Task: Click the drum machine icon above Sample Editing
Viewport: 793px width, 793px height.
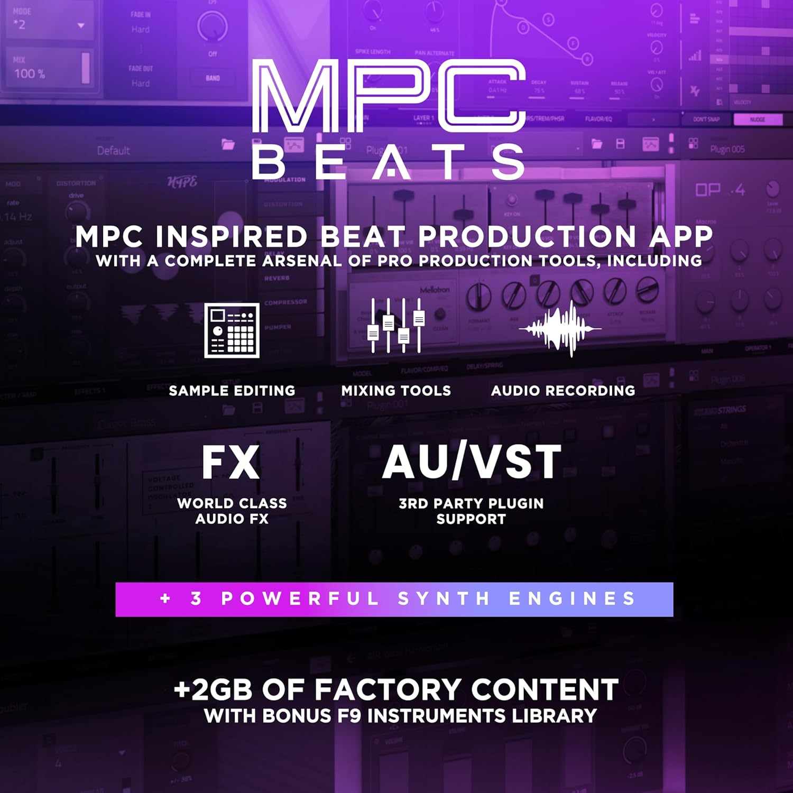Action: [232, 330]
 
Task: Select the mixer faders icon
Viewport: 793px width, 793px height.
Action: [396, 325]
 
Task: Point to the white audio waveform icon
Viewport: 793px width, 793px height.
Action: [560, 328]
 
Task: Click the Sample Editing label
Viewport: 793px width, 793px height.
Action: [232, 391]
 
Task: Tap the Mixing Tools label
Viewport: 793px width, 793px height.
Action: [396, 391]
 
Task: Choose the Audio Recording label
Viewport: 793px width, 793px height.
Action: [563, 391]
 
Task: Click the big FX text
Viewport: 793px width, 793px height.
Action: [231, 463]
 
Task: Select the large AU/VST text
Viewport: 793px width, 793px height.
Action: [471, 462]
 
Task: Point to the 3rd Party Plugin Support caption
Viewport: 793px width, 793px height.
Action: [471, 511]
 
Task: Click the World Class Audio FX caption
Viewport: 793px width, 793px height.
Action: [232, 511]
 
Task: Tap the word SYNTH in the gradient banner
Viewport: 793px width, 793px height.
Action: [444, 599]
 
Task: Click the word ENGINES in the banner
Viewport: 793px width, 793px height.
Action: [572, 599]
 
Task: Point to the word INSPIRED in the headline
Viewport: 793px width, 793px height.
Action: [232, 236]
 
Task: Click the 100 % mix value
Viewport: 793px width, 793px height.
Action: [30, 73]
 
